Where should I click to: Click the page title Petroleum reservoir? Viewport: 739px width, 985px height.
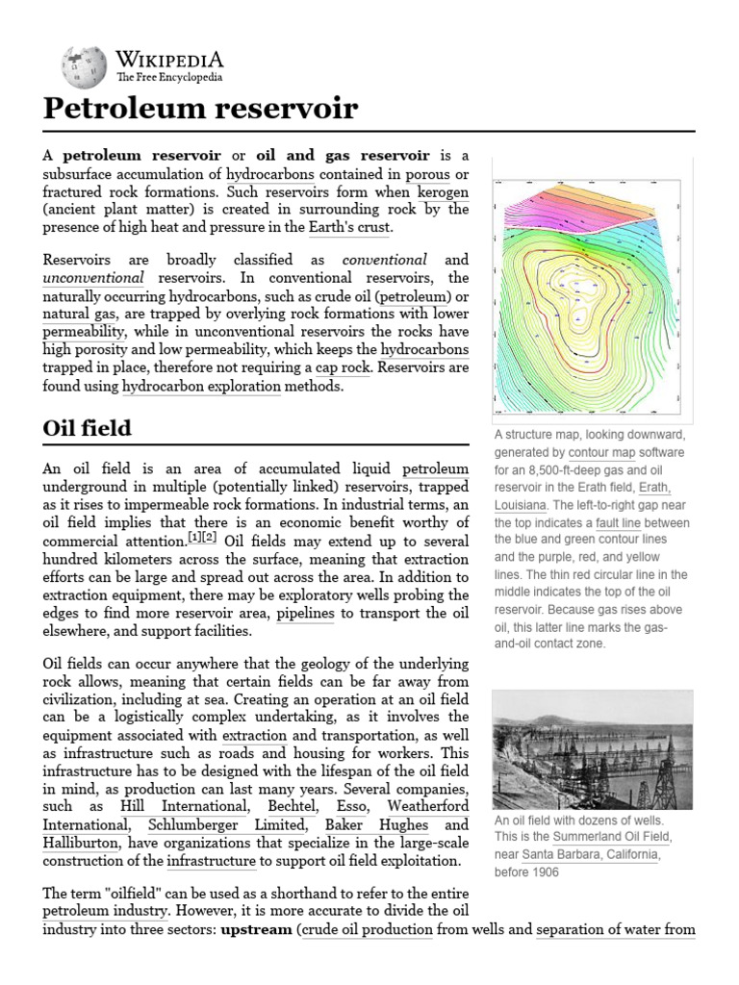[x=200, y=109]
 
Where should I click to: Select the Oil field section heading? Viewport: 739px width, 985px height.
[x=88, y=427]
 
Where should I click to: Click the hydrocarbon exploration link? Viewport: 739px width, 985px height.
[x=201, y=386]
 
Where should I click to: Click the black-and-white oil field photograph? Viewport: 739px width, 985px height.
[x=592, y=747]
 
